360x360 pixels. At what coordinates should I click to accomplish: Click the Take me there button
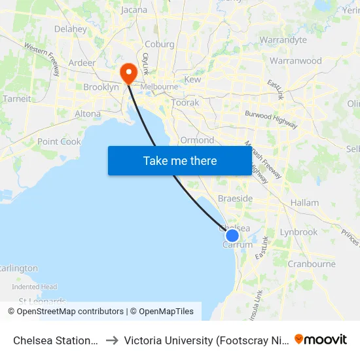[x=180, y=160]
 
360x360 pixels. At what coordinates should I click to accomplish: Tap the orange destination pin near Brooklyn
[x=128, y=71]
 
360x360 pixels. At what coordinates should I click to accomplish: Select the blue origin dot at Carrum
[x=232, y=235]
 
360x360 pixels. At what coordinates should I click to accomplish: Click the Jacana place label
[x=134, y=10]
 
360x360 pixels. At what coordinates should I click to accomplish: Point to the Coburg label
[x=159, y=45]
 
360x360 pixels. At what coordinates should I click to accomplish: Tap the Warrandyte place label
[x=283, y=40]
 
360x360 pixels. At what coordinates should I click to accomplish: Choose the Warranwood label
[x=296, y=61]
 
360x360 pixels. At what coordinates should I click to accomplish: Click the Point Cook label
[x=59, y=141]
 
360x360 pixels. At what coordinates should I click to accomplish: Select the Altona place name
[x=88, y=114]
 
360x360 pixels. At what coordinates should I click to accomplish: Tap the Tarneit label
[x=17, y=99]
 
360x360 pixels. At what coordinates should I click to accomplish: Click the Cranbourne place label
[x=312, y=264]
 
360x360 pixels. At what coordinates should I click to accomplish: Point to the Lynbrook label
[x=298, y=232]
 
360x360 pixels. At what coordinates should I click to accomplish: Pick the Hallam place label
[x=304, y=203]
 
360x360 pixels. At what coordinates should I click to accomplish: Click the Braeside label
[x=235, y=198]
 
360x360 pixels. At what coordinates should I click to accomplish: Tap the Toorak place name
[x=185, y=103]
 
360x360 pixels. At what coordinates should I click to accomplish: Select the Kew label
[x=192, y=79]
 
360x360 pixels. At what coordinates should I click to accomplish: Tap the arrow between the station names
[x=111, y=340]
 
